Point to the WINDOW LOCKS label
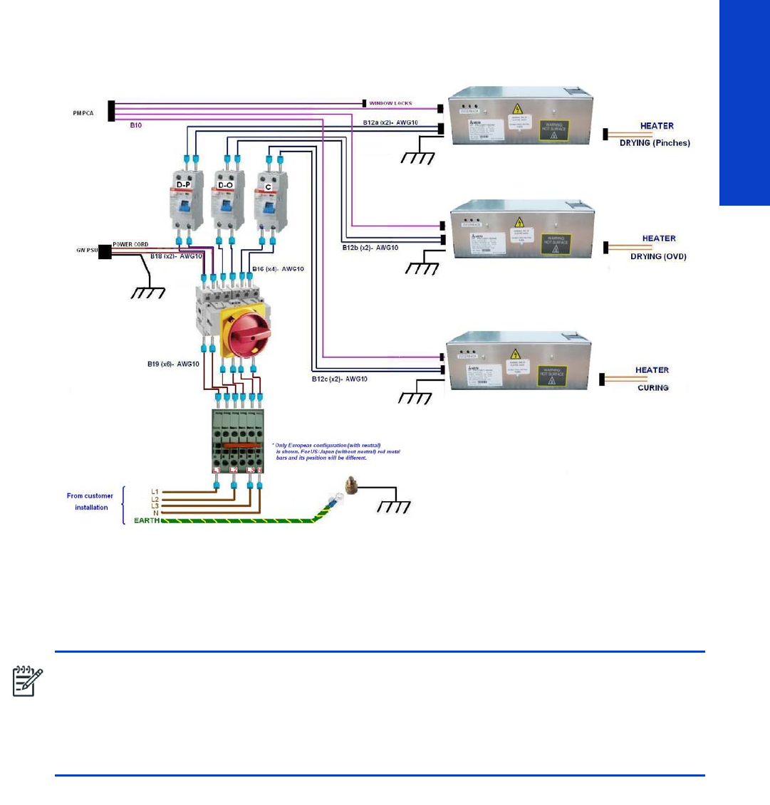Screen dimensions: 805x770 (390, 104)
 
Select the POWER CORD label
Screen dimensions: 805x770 (130, 244)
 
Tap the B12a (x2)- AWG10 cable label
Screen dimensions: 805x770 (390, 123)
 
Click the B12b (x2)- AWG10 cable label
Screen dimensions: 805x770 (370, 248)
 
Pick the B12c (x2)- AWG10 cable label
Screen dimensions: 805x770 (339, 379)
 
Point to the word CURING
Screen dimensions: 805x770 (652, 388)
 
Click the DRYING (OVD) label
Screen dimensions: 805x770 (658, 256)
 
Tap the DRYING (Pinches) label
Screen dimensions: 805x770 (655, 143)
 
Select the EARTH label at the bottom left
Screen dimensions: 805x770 (147, 521)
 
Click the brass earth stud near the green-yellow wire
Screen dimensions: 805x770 (350, 487)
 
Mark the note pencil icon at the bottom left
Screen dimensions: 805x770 (28, 681)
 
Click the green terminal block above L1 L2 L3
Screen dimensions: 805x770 (238, 441)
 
